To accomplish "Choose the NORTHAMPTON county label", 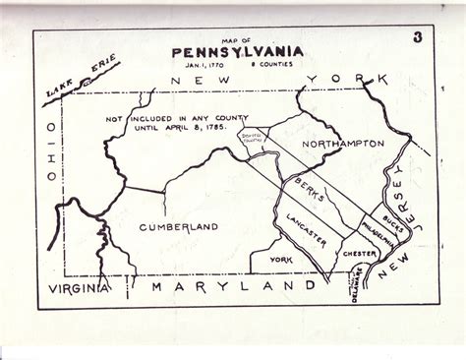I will (x=342, y=144).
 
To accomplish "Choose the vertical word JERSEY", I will (x=412, y=208).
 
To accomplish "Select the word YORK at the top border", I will (x=336, y=77).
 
